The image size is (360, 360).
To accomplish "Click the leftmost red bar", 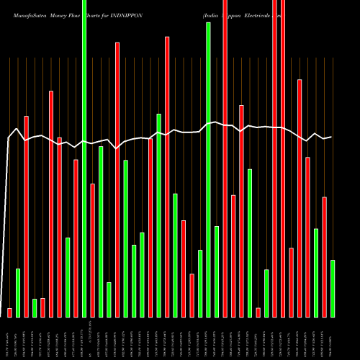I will [9, 312].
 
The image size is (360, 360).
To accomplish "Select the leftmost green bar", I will [18, 292].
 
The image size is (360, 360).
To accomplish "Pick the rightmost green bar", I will [333, 288].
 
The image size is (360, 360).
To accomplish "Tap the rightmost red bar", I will [324, 256].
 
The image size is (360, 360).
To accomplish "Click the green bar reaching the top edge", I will [84, 158].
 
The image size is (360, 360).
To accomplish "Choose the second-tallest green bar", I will [208, 169].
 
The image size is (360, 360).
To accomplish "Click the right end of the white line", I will [331, 137].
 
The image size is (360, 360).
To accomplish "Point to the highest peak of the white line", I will [214, 122].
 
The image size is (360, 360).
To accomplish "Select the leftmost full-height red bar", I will [225, 158].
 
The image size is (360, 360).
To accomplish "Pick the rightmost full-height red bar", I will [283, 158].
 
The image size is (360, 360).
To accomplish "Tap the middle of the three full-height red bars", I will [274, 158].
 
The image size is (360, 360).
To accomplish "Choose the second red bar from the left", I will [26, 216].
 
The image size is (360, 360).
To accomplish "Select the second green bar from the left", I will [35, 307].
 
